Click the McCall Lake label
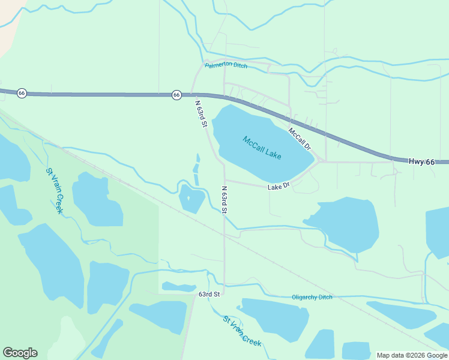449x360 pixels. click(x=262, y=148)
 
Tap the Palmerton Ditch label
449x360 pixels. click(x=226, y=67)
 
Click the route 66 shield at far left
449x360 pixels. click(x=22, y=93)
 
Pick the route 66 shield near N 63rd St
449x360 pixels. click(x=176, y=95)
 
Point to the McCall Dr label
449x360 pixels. click(x=300, y=139)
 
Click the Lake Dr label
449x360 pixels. click(x=279, y=186)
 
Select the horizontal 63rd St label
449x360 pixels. click(x=209, y=294)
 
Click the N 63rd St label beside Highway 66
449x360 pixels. click(x=200, y=113)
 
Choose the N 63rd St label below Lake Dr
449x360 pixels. click(x=224, y=200)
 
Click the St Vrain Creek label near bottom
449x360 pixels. click(x=242, y=331)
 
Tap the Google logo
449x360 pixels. click(x=20, y=353)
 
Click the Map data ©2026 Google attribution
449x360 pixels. click(x=412, y=355)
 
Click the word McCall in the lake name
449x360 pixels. click(x=253, y=143)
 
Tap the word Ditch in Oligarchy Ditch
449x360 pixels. click(x=325, y=297)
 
